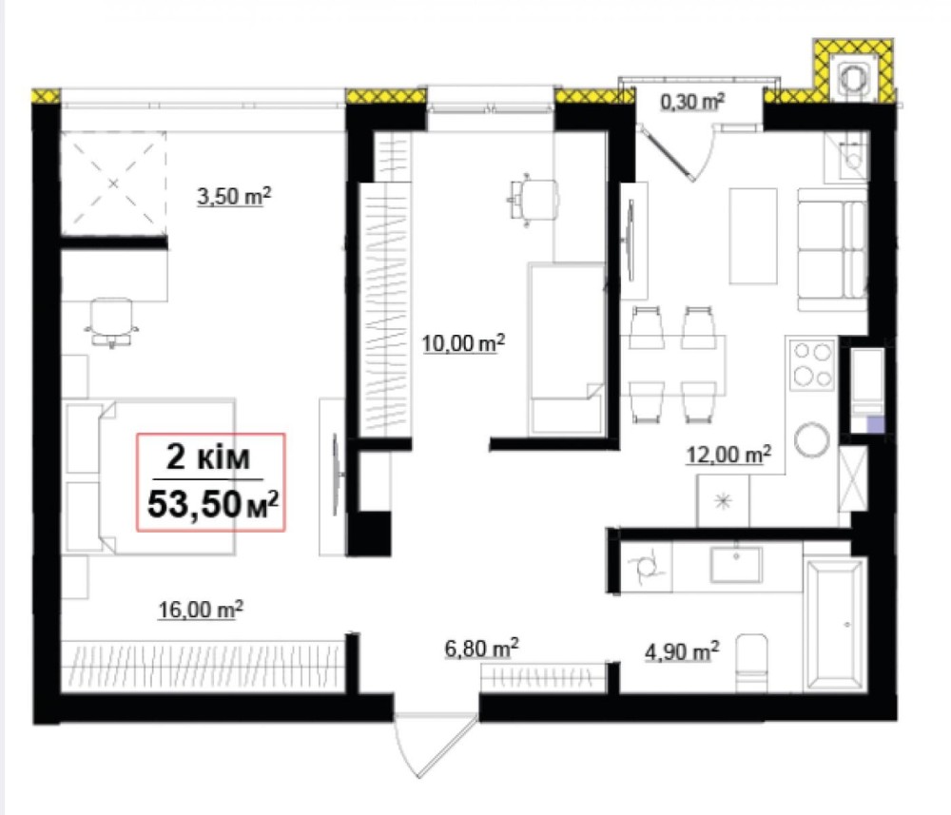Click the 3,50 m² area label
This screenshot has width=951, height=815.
(234, 197)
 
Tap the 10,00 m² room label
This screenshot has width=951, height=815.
(463, 343)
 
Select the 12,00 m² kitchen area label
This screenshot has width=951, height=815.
(728, 455)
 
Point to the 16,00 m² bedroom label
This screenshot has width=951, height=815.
(201, 610)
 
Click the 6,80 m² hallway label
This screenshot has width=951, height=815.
(481, 649)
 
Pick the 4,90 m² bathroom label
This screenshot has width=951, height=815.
(682, 651)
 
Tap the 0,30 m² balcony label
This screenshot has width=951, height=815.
(692, 101)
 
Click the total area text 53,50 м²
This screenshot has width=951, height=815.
(213, 504)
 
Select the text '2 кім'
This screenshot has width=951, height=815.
(208, 456)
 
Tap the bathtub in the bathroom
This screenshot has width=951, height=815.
(834, 625)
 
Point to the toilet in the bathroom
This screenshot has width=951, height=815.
(751, 664)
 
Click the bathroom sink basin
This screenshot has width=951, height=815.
(736, 564)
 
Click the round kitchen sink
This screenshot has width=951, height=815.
(811, 439)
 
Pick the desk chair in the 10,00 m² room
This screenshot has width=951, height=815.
(533, 200)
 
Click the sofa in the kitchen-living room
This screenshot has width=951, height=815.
(831, 250)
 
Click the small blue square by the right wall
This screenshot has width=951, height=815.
(875, 424)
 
